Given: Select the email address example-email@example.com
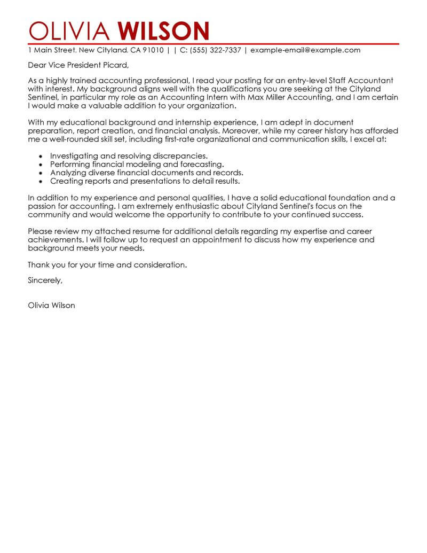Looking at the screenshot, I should (305, 50).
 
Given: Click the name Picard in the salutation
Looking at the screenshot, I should (113, 66).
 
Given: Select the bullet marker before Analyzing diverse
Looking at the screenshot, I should (41, 173).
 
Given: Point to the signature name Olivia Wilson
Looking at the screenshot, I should (51, 306).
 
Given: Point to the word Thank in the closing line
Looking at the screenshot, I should (39, 264).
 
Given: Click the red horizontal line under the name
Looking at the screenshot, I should (213, 43).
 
